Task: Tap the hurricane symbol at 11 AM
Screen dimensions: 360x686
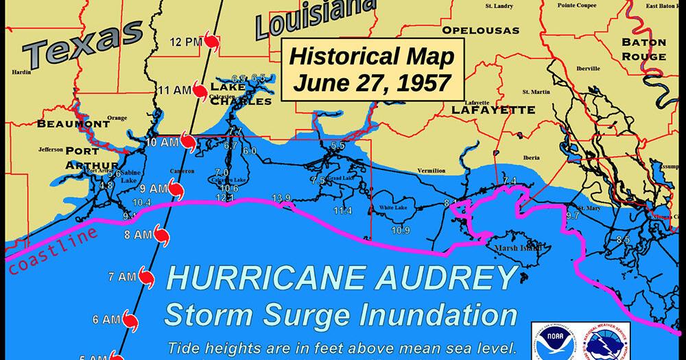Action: pos(200,91)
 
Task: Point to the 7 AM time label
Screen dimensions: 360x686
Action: pos(123,277)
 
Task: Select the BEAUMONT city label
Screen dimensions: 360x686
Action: pos(73,123)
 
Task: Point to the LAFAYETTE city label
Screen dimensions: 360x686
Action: pos(493,110)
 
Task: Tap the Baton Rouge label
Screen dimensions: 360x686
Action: pos(643,49)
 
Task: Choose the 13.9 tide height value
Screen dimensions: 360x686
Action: pos(281,198)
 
